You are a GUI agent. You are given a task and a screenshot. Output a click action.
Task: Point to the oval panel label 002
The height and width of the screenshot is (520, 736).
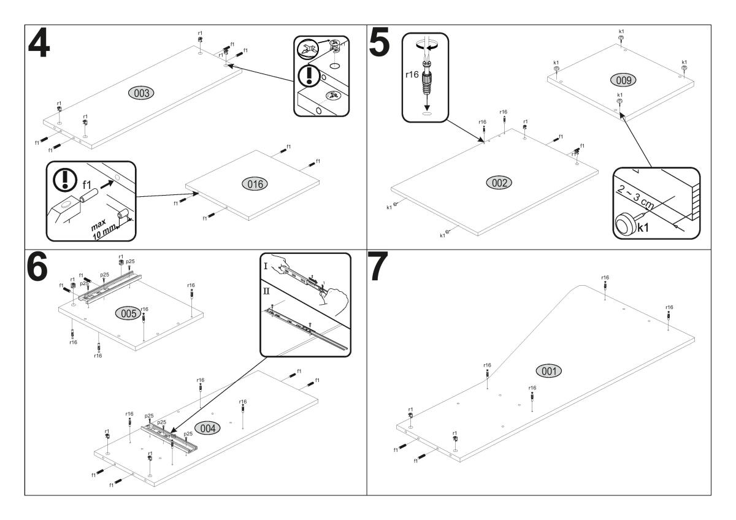499,182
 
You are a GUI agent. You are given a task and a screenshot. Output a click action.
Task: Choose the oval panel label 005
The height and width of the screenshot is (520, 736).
127,313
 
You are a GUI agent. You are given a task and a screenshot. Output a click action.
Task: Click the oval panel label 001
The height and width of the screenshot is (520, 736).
548,370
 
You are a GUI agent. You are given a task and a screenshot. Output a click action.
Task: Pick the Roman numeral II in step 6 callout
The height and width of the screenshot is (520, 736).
267,290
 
